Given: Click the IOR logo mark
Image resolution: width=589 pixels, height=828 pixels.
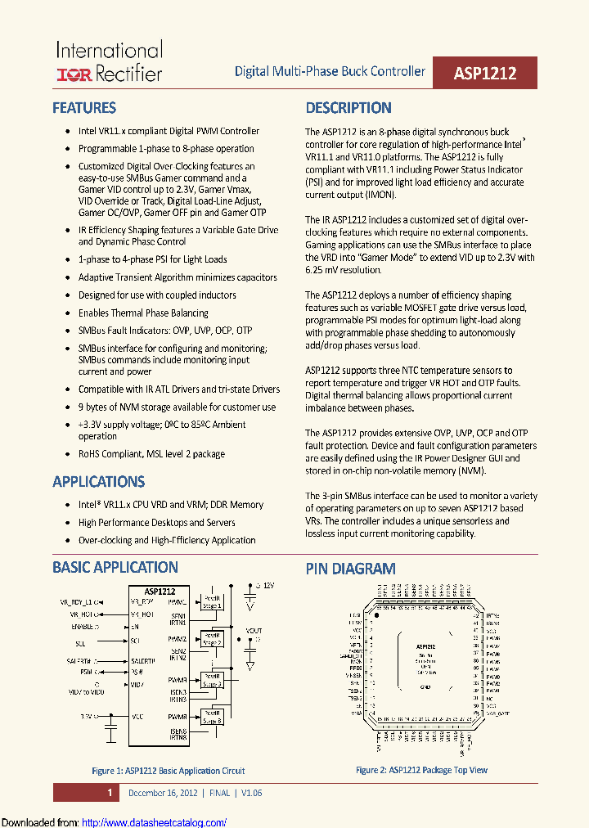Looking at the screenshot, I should coord(74,74).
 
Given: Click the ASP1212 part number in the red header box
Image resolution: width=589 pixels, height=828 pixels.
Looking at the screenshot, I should coord(485,73).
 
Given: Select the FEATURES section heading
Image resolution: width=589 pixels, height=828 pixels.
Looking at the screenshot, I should coord(84,108).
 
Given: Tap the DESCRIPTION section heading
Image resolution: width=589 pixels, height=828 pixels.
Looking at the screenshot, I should coord(348,108).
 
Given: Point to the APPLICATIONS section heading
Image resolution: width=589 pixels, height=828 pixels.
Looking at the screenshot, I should coord(98,482).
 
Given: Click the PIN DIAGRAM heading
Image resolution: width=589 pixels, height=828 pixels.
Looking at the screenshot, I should coord(350,569).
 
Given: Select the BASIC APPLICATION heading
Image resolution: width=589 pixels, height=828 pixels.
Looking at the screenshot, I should coord(115,567).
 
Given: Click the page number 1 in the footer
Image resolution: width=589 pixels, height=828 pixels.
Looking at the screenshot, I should coord(109,793).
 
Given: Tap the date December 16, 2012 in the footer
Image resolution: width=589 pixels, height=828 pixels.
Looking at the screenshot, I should coord(164,793).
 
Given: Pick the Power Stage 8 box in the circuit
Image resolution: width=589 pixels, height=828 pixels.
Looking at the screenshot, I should coord(213,718).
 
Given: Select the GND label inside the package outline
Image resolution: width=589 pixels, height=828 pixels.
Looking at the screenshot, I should coord(425,687).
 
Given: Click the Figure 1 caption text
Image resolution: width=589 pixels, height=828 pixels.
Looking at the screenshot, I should coord(168,771).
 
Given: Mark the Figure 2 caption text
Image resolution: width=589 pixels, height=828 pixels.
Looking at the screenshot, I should coord(421,770).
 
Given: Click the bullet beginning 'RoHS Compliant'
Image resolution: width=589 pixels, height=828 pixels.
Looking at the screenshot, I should coord(151,454).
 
